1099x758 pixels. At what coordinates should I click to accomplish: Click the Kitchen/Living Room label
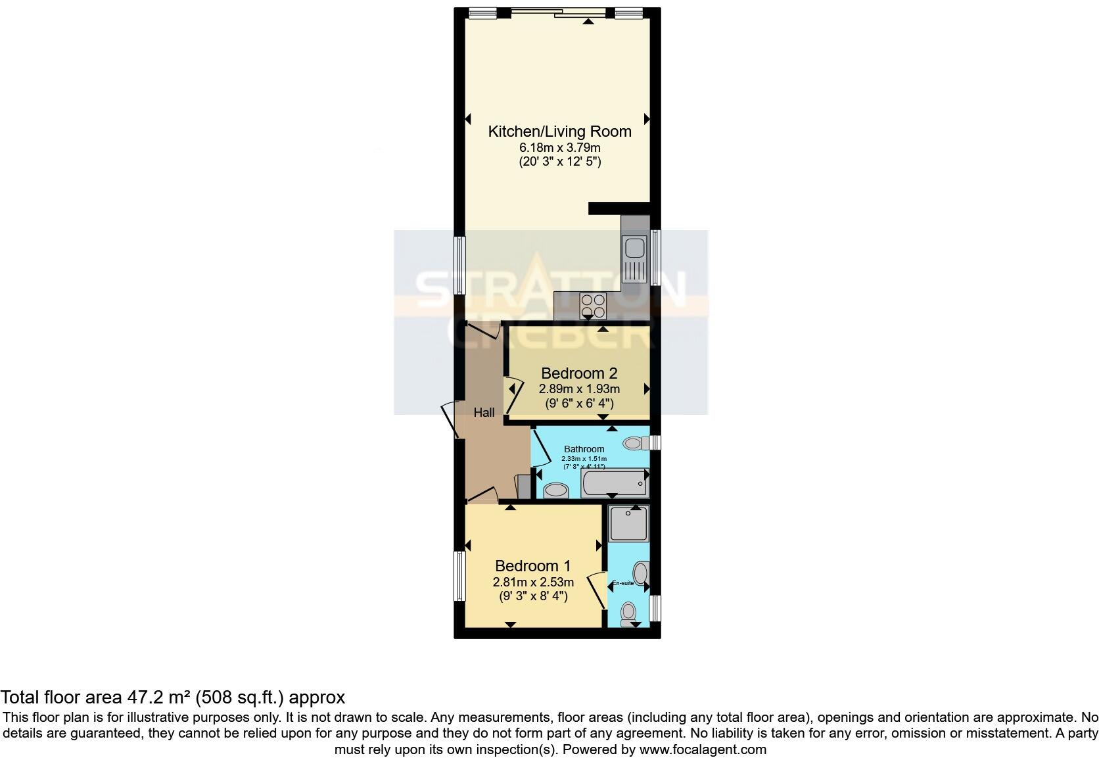(559, 131)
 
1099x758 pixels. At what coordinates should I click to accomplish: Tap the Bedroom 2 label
(579, 373)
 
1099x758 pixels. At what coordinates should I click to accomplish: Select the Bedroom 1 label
(532, 566)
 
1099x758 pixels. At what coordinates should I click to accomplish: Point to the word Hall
(484, 413)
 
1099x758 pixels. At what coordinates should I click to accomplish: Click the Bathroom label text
(584, 449)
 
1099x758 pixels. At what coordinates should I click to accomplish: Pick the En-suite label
(623, 583)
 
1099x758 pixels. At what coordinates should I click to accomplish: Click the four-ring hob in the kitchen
(593, 306)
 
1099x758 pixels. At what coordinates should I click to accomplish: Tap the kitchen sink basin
(634, 249)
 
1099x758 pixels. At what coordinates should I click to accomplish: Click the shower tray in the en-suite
(628, 523)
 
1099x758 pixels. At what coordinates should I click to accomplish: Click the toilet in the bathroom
(636, 443)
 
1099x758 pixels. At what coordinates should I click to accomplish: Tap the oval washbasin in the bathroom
(557, 490)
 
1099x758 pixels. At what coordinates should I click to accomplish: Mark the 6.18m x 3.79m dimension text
(559, 147)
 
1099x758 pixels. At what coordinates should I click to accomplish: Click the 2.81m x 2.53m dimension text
(533, 582)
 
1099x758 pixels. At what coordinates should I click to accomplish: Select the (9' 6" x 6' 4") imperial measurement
(579, 404)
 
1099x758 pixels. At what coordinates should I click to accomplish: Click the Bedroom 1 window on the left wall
(459, 576)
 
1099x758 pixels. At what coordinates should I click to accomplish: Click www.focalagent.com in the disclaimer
(703, 749)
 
